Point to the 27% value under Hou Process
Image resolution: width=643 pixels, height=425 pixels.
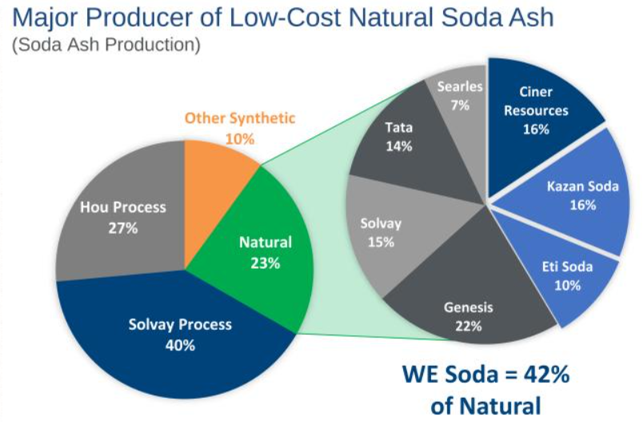click(123, 227)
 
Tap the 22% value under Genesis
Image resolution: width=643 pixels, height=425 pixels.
click(469, 326)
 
